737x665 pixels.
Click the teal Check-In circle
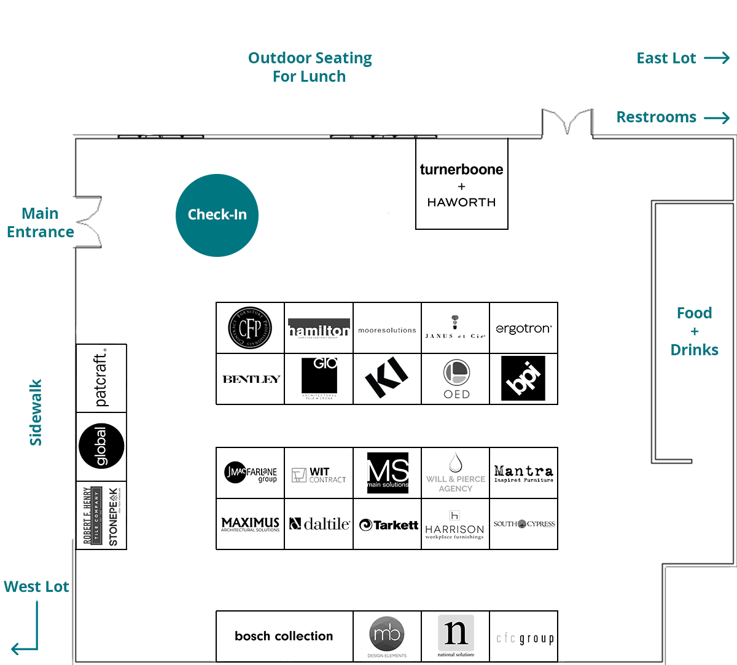pyautogui.click(x=217, y=215)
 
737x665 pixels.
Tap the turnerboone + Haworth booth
pyautogui.click(x=462, y=184)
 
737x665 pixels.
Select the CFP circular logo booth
pyautogui.click(x=250, y=328)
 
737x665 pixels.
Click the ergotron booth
pyautogui.click(x=523, y=329)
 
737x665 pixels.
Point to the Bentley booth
pyautogui.click(x=251, y=379)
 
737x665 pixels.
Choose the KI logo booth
pyautogui.click(x=387, y=377)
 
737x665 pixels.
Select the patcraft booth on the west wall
pyautogui.click(x=101, y=378)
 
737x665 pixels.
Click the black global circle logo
pyautogui.click(x=101, y=446)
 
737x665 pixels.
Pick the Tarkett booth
pyautogui.click(x=388, y=525)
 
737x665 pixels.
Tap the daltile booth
pyautogui.click(x=319, y=524)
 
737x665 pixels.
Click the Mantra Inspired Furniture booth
pyautogui.click(x=523, y=473)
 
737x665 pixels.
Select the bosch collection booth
pyautogui.click(x=284, y=636)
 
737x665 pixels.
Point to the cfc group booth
pyautogui.click(x=524, y=638)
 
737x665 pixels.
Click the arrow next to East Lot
pyautogui.click(x=717, y=58)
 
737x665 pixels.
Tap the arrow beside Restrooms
pyautogui.click(x=717, y=118)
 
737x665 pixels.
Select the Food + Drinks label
pyautogui.click(x=694, y=331)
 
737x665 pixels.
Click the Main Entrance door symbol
pyautogui.click(x=88, y=222)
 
